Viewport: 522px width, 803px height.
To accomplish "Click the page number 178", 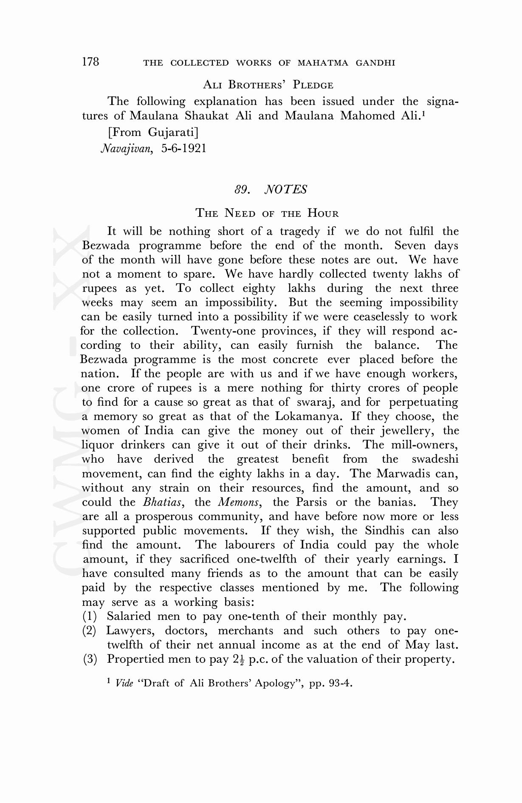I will click(x=90, y=62).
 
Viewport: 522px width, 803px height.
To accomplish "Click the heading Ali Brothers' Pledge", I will click(x=268, y=85).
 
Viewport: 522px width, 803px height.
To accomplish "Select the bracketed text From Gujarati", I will click(x=153, y=132).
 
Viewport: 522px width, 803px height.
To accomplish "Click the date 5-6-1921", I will click(x=183, y=148).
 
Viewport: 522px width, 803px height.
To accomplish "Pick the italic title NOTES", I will click(x=285, y=189).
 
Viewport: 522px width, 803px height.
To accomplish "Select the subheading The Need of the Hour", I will click(x=267, y=213).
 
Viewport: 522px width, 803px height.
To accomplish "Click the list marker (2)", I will click(x=89, y=631).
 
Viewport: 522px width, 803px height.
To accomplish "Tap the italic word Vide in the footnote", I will click(x=124, y=683).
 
